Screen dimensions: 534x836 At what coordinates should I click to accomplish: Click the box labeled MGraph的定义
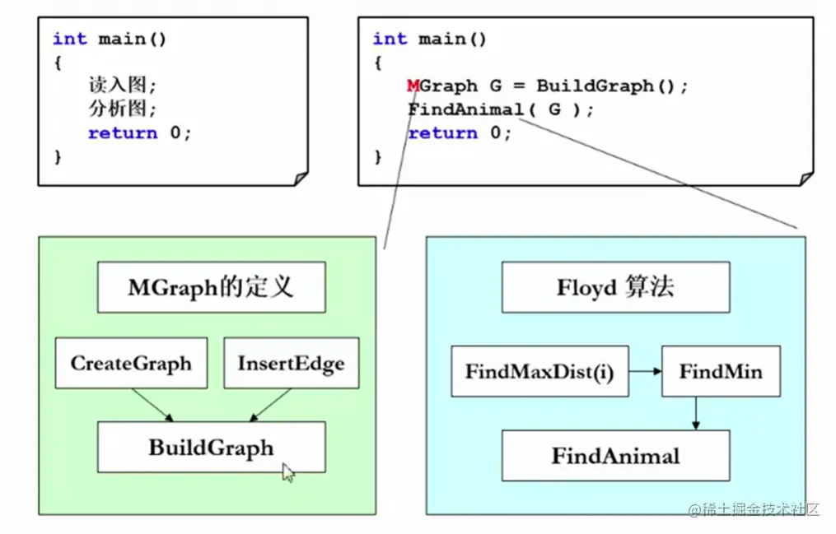point(211,287)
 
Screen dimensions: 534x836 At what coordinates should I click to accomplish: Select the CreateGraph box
point(131,363)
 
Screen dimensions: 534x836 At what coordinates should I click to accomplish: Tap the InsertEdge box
point(291,363)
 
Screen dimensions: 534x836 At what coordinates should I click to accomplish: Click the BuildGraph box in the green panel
point(211,448)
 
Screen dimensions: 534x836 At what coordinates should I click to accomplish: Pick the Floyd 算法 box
point(615,287)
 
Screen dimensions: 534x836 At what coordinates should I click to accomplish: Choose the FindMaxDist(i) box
point(539,371)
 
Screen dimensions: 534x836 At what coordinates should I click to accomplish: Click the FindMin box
point(721,371)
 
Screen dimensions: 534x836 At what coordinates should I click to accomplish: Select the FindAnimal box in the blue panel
point(615,456)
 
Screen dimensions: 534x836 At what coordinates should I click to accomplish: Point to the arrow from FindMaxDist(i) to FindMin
point(646,371)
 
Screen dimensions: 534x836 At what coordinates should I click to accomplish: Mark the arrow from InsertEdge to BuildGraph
point(271,405)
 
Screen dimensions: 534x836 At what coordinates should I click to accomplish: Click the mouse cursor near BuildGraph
point(288,472)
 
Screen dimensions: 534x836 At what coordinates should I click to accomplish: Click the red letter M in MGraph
point(413,86)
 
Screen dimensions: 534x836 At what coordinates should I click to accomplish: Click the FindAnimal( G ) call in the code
point(499,109)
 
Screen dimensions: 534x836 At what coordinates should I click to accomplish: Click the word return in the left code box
point(123,132)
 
